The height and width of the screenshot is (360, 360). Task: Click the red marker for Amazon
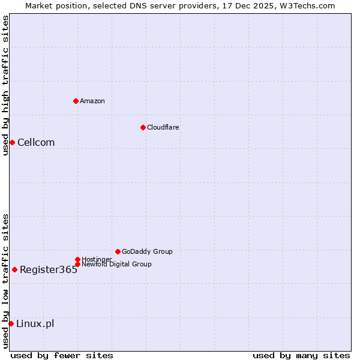pyautogui.click(x=76, y=101)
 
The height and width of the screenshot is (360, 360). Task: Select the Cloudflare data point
pyautogui.click(x=143, y=127)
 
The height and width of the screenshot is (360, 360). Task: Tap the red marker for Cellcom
pyautogui.click(x=12, y=142)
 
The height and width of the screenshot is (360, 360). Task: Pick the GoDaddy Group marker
pyautogui.click(x=118, y=251)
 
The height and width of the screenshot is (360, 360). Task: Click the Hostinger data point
pyautogui.click(x=77, y=259)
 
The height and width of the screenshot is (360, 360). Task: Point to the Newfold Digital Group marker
pyautogui.click(x=77, y=264)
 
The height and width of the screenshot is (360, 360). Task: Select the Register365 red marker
pyautogui.click(x=14, y=269)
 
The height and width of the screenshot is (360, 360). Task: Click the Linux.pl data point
pyautogui.click(x=11, y=324)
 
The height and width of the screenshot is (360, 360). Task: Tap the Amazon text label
pyautogui.click(x=92, y=101)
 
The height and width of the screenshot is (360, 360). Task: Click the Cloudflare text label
pyautogui.click(x=163, y=127)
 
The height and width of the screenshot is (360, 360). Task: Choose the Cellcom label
pyautogui.click(x=36, y=142)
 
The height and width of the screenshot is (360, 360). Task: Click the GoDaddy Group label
pyautogui.click(x=147, y=251)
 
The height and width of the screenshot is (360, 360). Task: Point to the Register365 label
pyautogui.click(x=49, y=269)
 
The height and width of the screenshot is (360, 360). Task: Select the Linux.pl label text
pyautogui.click(x=35, y=324)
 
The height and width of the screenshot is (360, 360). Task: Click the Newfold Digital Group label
pyautogui.click(x=116, y=264)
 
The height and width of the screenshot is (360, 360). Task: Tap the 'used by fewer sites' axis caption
pyautogui.click(x=62, y=355)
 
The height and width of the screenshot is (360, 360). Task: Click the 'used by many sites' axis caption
pyautogui.click(x=301, y=355)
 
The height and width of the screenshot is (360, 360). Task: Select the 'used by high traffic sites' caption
pyautogui.click(x=5, y=85)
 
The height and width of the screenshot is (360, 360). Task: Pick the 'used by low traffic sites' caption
pyautogui.click(x=5, y=281)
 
